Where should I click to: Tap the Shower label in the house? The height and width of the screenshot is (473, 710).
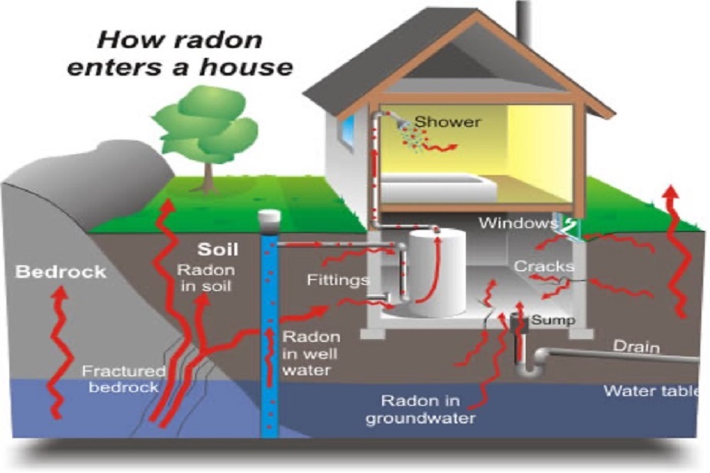447,122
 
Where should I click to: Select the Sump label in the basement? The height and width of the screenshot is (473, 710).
553,320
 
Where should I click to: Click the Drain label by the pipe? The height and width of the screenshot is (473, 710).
637,347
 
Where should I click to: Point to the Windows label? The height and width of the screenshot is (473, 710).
517,223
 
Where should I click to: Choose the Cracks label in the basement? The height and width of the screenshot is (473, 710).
543,266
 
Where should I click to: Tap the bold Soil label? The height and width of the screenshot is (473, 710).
218,250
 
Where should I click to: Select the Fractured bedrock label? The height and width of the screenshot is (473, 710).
124,379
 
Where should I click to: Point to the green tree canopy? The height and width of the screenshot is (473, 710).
206,124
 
